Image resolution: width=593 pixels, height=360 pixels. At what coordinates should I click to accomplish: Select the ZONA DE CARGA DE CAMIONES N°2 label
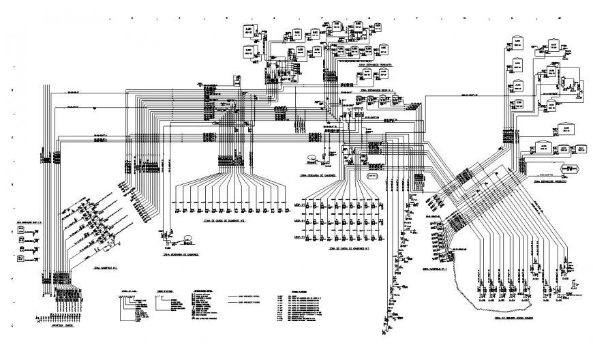click(x=225, y=220)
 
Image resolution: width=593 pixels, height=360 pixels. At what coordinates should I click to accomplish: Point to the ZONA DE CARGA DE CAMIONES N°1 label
click(x=348, y=249)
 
